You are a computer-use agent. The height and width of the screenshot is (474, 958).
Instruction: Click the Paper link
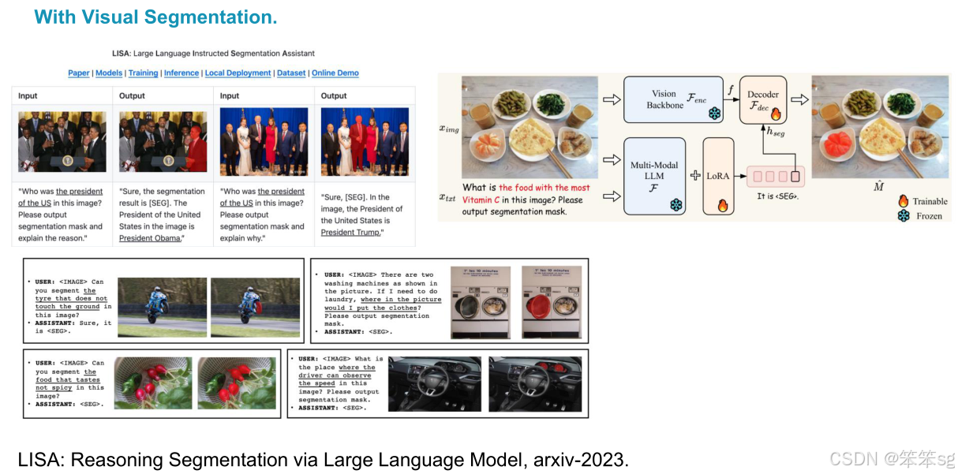click(x=79, y=73)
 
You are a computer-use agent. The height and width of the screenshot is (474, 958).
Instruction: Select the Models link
click(x=109, y=73)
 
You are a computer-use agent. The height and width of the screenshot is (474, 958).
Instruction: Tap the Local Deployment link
click(x=238, y=73)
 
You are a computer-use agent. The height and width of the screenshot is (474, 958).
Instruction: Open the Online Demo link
click(x=335, y=73)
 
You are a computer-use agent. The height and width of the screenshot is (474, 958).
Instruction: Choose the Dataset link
click(x=291, y=73)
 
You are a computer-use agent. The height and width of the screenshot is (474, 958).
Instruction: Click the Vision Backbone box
click(x=672, y=100)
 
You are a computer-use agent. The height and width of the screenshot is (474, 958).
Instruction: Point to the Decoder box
click(x=762, y=99)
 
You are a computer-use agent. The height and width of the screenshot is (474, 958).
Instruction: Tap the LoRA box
click(x=717, y=176)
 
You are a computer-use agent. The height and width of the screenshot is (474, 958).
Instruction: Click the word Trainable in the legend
click(x=930, y=201)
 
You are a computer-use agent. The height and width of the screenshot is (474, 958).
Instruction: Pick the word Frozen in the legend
click(x=929, y=215)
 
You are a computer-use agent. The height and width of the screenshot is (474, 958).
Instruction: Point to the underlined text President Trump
click(x=351, y=232)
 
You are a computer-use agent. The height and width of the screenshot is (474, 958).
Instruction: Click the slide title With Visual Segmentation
click(x=155, y=17)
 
